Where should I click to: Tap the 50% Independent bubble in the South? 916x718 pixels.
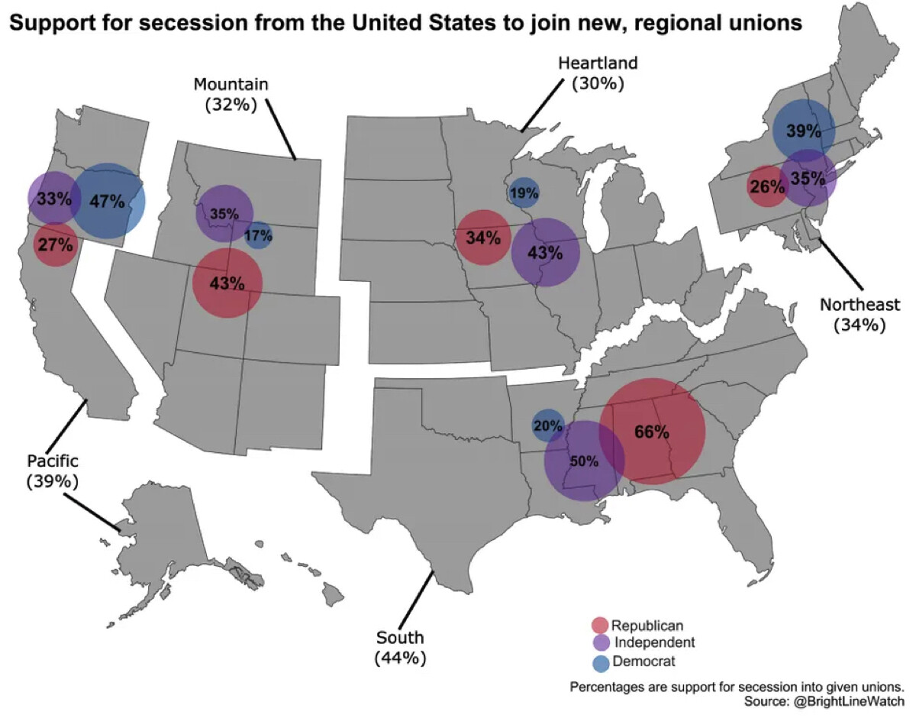[x=584, y=461]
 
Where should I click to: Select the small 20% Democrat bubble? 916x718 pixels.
[x=548, y=426]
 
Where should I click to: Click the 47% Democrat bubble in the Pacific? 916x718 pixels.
[x=108, y=201]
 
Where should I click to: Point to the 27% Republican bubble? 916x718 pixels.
[x=55, y=245]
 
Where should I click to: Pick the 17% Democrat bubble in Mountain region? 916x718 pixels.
[x=258, y=236]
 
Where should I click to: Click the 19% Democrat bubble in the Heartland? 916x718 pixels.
[x=524, y=193]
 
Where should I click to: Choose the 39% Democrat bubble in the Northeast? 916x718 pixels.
[x=802, y=131]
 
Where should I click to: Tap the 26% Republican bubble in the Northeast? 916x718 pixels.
[x=767, y=186]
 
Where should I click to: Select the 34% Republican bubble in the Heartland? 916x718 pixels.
[x=482, y=238]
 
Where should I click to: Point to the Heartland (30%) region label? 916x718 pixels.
[x=598, y=73]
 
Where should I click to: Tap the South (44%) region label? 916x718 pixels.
[x=400, y=647]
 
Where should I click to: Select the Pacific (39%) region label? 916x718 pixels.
[x=53, y=471]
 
